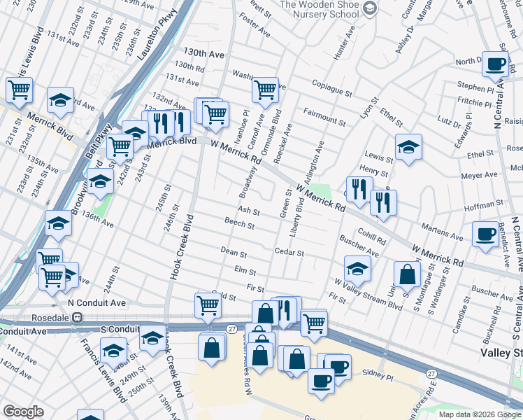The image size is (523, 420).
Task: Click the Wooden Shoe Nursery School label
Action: click(x=320, y=9)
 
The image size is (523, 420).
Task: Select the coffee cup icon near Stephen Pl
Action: click(x=495, y=65)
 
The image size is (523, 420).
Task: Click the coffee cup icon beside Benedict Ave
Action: click(x=485, y=234)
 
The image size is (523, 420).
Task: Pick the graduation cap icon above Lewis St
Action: click(x=408, y=147)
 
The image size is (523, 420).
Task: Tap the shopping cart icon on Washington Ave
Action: click(x=265, y=90)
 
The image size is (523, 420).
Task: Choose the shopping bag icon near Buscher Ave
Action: click(x=407, y=275)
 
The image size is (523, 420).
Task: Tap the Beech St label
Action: click(x=239, y=223)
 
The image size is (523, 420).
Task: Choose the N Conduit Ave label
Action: click(x=96, y=303)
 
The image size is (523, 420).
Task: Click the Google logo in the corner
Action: click(x=23, y=412)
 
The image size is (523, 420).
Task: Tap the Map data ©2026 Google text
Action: click(x=479, y=414)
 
